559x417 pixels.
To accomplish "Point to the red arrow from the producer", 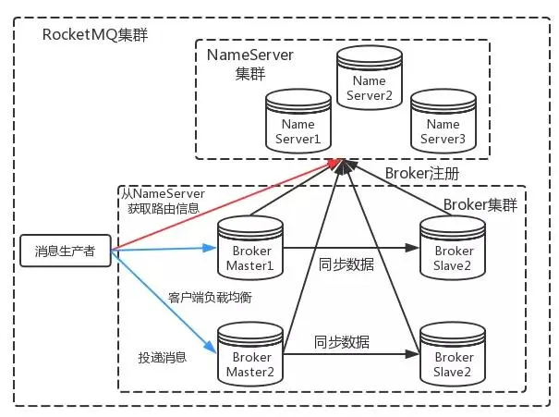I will click(x=222, y=204).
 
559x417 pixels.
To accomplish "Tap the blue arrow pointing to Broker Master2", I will click(x=166, y=306).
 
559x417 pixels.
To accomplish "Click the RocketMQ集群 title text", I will click(x=95, y=35).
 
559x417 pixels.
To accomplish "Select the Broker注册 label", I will click(x=421, y=173).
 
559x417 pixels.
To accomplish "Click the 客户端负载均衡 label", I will click(x=210, y=298).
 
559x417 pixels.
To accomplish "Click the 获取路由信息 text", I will click(x=163, y=209).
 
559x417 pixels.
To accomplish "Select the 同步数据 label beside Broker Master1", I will click(x=346, y=264).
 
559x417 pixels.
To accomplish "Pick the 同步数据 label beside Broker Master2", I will click(x=341, y=341).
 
